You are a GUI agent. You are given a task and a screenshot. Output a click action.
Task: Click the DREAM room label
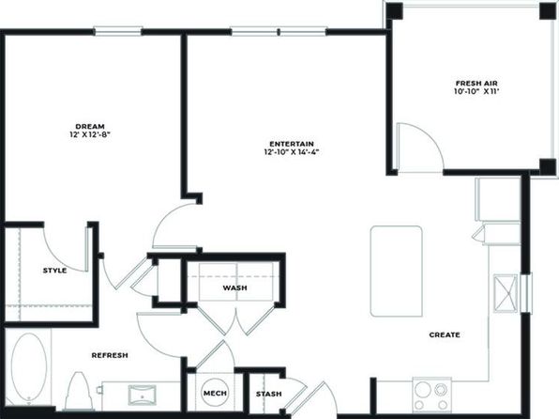pyautogui.click(x=90, y=127)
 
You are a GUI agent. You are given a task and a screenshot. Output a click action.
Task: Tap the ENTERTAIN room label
pyautogui.click(x=292, y=144)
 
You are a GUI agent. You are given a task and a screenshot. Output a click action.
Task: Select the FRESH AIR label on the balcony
pyautogui.click(x=476, y=84)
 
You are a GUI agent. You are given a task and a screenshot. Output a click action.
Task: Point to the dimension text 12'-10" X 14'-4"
pyautogui.click(x=292, y=152)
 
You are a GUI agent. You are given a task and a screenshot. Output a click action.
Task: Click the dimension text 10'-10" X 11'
pyautogui.click(x=476, y=91)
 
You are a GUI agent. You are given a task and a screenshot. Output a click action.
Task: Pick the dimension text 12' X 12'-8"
pyautogui.click(x=90, y=134)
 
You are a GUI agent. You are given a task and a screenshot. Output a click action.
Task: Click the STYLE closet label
pyautogui.click(x=55, y=271)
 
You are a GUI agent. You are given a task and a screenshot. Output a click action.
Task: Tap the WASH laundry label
pyautogui.click(x=234, y=287)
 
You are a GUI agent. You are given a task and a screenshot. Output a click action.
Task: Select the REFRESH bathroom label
pyautogui.click(x=110, y=355)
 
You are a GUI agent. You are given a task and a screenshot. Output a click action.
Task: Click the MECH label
pyautogui.click(x=215, y=394)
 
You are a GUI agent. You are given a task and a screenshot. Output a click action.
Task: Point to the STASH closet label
pyautogui.click(x=269, y=394)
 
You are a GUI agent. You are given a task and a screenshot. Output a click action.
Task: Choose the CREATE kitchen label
pyautogui.click(x=445, y=335)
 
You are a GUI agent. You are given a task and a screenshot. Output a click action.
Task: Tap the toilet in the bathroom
pyautogui.click(x=79, y=392)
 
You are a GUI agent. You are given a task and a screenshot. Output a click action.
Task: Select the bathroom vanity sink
pyautogui.click(x=142, y=395)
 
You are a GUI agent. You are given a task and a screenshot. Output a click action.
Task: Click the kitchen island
pyautogui.click(x=397, y=272)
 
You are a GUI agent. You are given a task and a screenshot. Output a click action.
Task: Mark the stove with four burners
pyautogui.click(x=432, y=396)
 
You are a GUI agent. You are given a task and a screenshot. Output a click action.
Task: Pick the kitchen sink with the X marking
pyautogui.click(x=506, y=294)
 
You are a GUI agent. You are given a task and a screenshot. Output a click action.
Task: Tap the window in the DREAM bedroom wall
pyautogui.click(x=118, y=31)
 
